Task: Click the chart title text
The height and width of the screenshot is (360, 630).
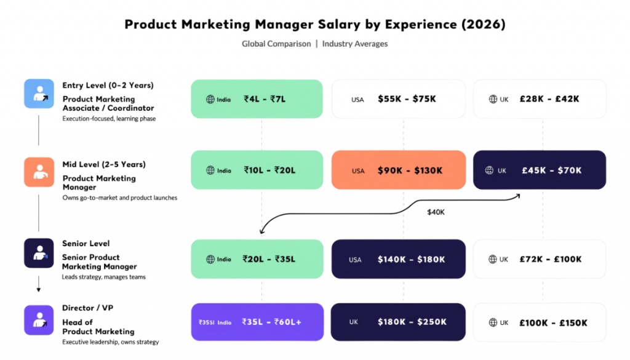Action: tap(315, 24)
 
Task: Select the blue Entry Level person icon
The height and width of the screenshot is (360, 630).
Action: tap(39, 94)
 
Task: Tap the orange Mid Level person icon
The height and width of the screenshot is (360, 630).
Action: tap(39, 172)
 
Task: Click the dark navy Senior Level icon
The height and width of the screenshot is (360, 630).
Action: tap(39, 253)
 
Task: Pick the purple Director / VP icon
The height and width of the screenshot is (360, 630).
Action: tap(39, 320)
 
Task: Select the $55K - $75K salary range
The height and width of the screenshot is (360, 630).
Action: tap(407, 99)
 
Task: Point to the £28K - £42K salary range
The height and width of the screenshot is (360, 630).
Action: tap(550, 99)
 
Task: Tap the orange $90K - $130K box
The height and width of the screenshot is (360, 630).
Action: tap(398, 170)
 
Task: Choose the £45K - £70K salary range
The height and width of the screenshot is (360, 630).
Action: tap(552, 170)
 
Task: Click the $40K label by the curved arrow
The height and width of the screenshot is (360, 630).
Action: tap(436, 212)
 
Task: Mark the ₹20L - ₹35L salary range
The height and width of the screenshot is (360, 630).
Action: tap(269, 259)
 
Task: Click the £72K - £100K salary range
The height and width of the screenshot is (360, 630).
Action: tap(550, 259)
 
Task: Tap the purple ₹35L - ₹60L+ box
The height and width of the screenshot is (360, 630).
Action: tap(257, 322)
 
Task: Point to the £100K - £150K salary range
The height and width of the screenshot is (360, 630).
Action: tap(552, 322)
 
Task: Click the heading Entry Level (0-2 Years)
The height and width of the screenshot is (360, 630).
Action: tap(108, 86)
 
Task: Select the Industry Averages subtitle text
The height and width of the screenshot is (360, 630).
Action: tap(355, 44)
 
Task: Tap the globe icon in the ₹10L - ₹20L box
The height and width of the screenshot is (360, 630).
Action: tap(210, 170)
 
